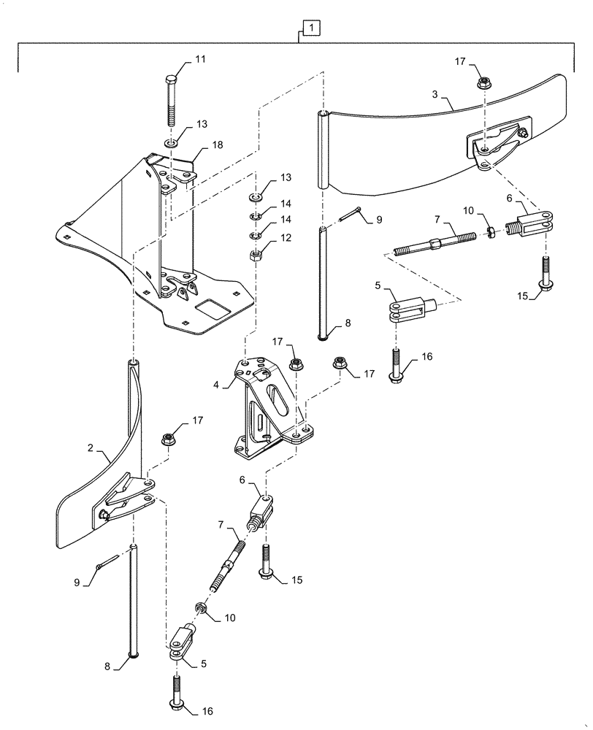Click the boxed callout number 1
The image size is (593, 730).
(x=311, y=28)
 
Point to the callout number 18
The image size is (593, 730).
(x=217, y=146)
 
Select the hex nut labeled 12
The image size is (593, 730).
(x=256, y=255)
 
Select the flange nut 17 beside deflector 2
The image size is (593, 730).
(x=167, y=439)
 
